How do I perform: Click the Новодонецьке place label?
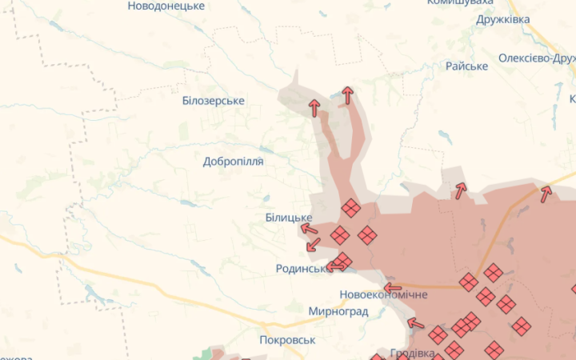tap(166, 6)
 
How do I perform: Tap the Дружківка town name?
tap(502, 19)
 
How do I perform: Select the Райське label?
tap(466, 66)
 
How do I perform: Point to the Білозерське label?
tap(213, 101)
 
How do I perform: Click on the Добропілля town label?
tap(233, 161)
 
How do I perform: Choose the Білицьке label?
tap(289, 218)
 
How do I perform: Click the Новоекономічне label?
tap(384, 294)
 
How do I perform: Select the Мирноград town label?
tap(338, 311)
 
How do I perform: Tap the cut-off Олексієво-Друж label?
tap(536, 58)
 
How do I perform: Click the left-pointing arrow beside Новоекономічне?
tap(392, 287)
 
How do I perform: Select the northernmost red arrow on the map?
tap(347, 95)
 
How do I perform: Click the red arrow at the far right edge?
tap(546, 193)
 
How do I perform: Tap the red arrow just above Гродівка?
tap(415, 323)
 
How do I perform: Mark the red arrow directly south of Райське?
tap(460, 190)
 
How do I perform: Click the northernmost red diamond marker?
tap(350, 208)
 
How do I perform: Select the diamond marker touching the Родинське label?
tap(342, 262)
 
